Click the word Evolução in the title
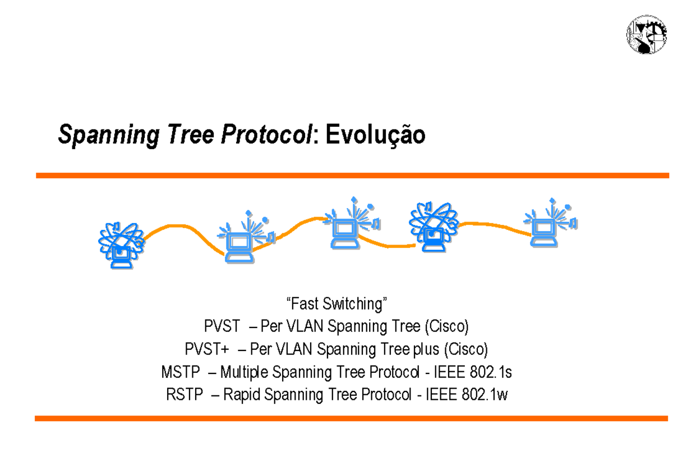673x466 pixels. click(375, 135)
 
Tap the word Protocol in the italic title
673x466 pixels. click(267, 135)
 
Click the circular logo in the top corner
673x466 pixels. click(647, 35)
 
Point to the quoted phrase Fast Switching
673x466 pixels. click(337, 304)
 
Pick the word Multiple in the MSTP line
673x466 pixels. click(245, 372)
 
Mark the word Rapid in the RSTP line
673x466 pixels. click(242, 395)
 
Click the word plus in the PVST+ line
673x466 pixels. click(426, 349)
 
